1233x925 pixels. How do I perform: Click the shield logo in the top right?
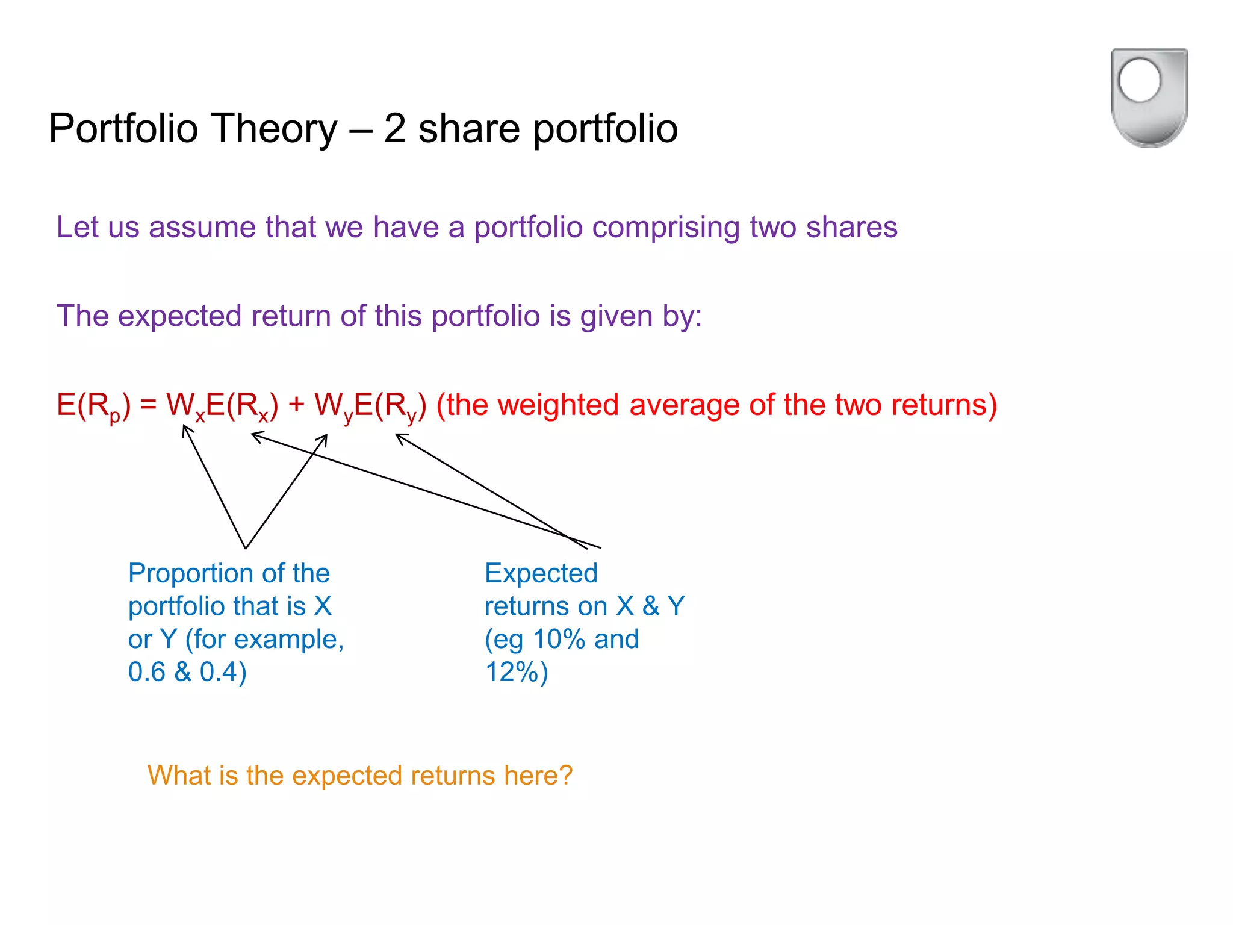click(x=1149, y=97)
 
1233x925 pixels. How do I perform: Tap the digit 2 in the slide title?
click(x=394, y=128)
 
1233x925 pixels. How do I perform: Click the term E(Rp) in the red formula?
click(x=93, y=405)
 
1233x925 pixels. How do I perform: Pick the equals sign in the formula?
click(x=148, y=405)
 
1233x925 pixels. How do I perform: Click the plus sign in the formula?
click(x=296, y=405)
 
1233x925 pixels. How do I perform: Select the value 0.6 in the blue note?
click(x=146, y=672)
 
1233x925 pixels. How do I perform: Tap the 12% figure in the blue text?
click(x=511, y=672)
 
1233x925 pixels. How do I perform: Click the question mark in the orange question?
click(x=565, y=776)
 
